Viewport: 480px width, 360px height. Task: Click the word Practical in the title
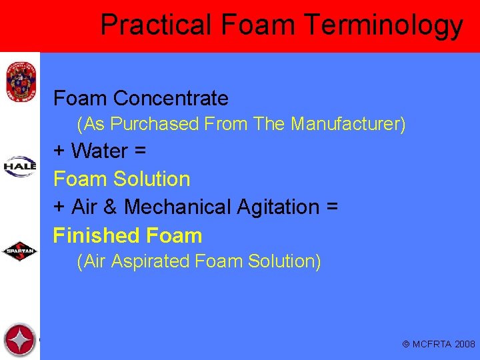[155, 25]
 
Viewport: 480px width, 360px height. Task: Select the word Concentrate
[171, 99]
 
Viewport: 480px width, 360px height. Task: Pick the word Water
[99, 151]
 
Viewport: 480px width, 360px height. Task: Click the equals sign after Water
[139, 151]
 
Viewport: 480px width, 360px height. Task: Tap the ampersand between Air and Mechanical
[110, 207]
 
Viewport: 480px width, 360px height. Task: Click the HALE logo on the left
[20, 165]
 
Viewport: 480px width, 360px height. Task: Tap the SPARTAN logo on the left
[20, 251]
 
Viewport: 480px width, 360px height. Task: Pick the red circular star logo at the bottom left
[19, 340]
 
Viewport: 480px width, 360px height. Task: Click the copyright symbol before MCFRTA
[406, 345]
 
